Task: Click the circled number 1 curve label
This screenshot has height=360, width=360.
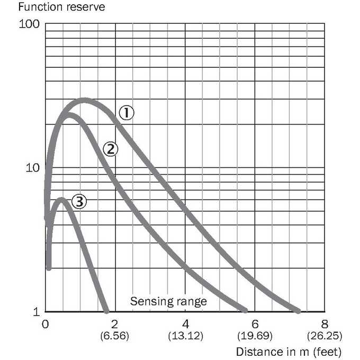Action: click(x=127, y=113)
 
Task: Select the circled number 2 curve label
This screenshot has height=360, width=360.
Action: click(x=111, y=149)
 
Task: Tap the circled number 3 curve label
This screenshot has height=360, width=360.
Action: click(x=79, y=202)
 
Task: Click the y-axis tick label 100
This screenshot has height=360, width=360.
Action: click(x=29, y=24)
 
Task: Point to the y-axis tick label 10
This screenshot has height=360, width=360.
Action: click(x=33, y=168)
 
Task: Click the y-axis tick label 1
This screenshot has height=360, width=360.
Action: click(x=37, y=312)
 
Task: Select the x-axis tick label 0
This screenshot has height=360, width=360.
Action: click(x=46, y=324)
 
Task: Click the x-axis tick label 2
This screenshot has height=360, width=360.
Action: click(x=114, y=324)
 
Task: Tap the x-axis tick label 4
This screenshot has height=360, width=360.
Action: click(x=186, y=324)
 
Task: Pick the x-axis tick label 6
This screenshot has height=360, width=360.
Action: click(x=255, y=324)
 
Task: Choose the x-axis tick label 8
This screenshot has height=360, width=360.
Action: click(x=325, y=324)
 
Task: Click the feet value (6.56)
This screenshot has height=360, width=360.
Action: click(x=114, y=336)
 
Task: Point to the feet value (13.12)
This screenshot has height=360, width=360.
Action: click(x=186, y=336)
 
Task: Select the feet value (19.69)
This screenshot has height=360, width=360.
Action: click(x=255, y=336)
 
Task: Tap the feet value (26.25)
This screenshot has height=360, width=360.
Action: click(x=325, y=336)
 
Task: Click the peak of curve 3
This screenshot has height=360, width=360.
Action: click(x=61, y=200)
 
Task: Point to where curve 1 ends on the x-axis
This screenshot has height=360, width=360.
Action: click(x=298, y=311)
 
